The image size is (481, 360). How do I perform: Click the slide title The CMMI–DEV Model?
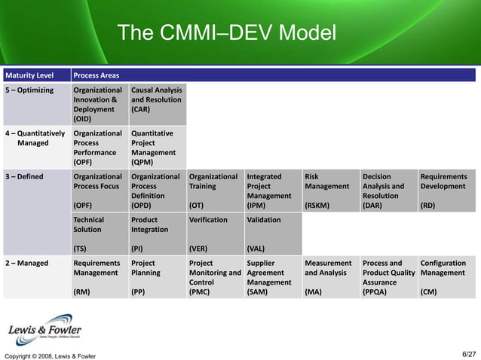point(226,34)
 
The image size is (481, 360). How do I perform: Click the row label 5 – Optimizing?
point(30,90)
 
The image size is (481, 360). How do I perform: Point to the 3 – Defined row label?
point(25,177)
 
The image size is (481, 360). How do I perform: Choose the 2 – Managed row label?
point(27,263)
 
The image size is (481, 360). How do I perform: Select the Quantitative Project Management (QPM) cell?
point(157,147)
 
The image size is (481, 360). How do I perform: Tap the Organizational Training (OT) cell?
point(215,191)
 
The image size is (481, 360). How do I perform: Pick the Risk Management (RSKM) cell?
point(330,191)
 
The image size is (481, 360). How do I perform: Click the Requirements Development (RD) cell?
point(446,191)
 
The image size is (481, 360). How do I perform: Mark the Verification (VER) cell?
point(215,233)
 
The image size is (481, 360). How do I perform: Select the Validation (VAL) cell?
point(272,233)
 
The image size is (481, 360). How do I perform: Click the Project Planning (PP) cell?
point(157,276)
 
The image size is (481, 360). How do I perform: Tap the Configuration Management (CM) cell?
point(446,276)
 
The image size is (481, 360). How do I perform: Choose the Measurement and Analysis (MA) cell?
point(330,276)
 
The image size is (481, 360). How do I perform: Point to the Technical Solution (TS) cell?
point(99,233)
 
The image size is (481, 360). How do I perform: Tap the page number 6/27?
point(468,354)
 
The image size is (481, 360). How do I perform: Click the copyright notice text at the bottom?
point(51,355)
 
